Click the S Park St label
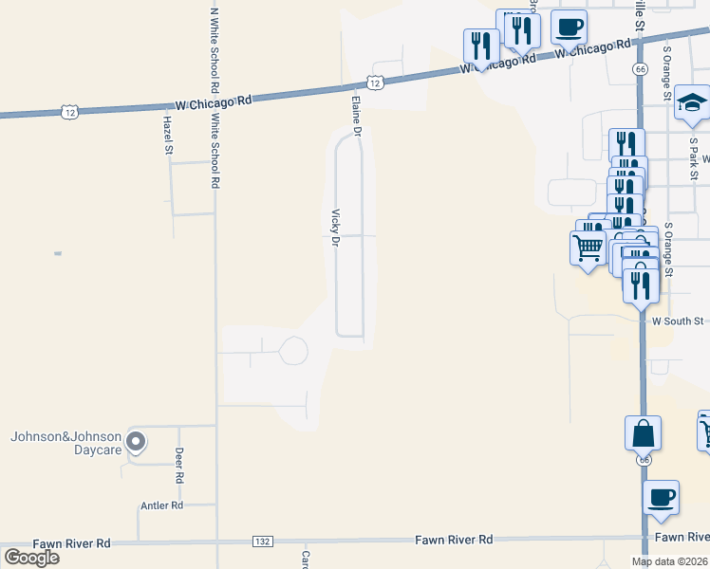694,159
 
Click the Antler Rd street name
161,506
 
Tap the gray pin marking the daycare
136,440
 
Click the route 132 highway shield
263,541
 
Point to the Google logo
31,558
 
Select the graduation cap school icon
692,103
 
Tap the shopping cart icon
588,247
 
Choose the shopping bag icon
643,432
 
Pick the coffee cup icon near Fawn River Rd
661,496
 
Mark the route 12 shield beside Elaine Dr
377,83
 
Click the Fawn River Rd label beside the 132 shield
454,540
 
